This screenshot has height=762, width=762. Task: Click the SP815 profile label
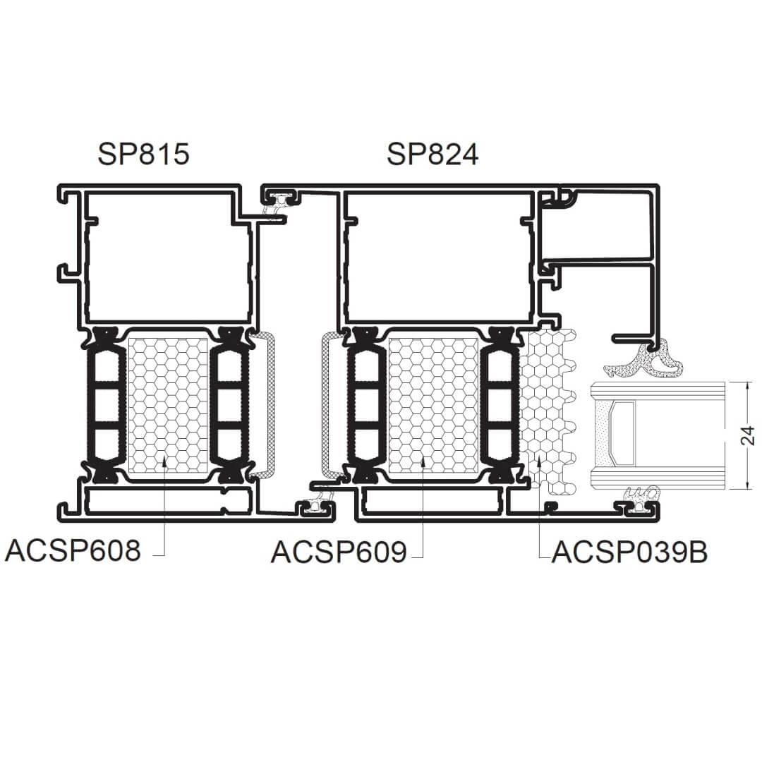(143, 154)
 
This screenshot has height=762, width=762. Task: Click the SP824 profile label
(433, 154)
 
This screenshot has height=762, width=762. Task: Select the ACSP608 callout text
(73, 550)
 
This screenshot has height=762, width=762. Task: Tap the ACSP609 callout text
(339, 552)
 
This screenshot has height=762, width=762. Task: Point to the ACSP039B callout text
(630, 552)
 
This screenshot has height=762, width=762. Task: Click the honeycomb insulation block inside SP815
(168, 405)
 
